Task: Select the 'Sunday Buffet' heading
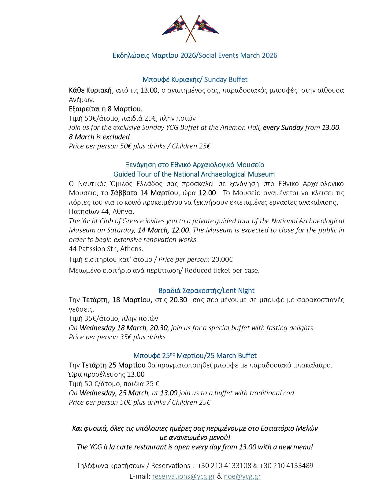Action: click(226, 80)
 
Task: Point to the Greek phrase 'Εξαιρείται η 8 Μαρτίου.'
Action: click(106, 109)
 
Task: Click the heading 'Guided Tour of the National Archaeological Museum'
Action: click(194, 174)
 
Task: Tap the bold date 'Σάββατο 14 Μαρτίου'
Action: click(144, 193)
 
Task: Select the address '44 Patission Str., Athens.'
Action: click(106, 249)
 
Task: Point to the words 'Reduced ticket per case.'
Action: click(222, 271)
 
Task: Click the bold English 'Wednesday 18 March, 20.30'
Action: click(124, 328)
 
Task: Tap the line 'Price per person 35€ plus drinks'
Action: click(117, 337)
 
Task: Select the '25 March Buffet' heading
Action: click(232, 356)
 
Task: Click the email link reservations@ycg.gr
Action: click(184, 477)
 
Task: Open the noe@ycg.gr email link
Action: click(242, 477)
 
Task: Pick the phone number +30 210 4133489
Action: click(286, 466)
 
